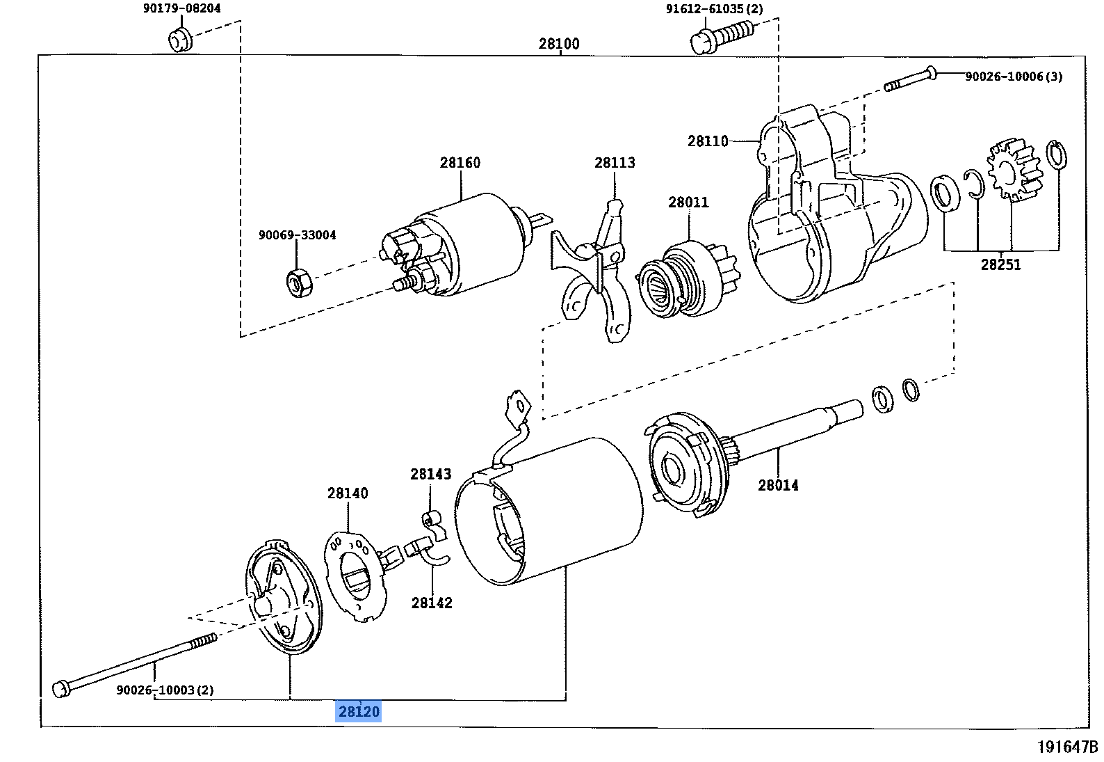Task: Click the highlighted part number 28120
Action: point(359,711)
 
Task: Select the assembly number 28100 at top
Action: point(559,44)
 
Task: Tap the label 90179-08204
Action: point(182,8)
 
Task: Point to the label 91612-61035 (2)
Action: point(714,9)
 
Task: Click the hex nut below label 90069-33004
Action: point(299,282)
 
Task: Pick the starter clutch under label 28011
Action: point(688,278)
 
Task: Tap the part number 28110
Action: point(708,141)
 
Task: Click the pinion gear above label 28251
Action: point(1014,170)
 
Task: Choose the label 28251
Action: point(1000,264)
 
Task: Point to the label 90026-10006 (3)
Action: point(1014,77)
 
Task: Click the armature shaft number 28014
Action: point(778,485)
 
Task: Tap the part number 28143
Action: point(430,475)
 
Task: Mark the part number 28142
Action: point(432,603)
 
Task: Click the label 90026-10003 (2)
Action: point(165,690)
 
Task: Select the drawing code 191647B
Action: point(1067,747)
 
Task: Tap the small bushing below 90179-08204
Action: point(179,40)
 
